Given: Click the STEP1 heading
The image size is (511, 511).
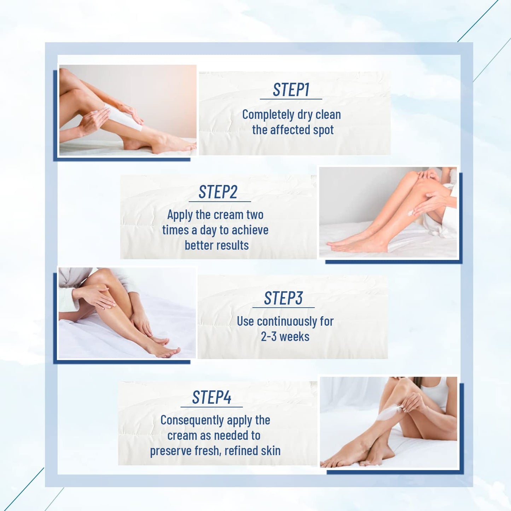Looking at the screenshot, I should (291, 90).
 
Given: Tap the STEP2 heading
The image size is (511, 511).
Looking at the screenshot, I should (218, 192).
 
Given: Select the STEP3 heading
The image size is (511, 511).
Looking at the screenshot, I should (283, 298).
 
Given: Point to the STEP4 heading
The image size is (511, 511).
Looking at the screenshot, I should (211, 397).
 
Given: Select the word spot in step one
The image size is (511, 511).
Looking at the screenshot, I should (323, 130).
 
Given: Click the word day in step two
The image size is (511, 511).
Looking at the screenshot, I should (208, 230).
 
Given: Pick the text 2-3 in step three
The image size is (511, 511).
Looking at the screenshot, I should (268, 337).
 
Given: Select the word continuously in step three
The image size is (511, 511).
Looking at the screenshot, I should (287, 321).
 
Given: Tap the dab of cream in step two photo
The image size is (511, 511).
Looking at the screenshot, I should (411, 213).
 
